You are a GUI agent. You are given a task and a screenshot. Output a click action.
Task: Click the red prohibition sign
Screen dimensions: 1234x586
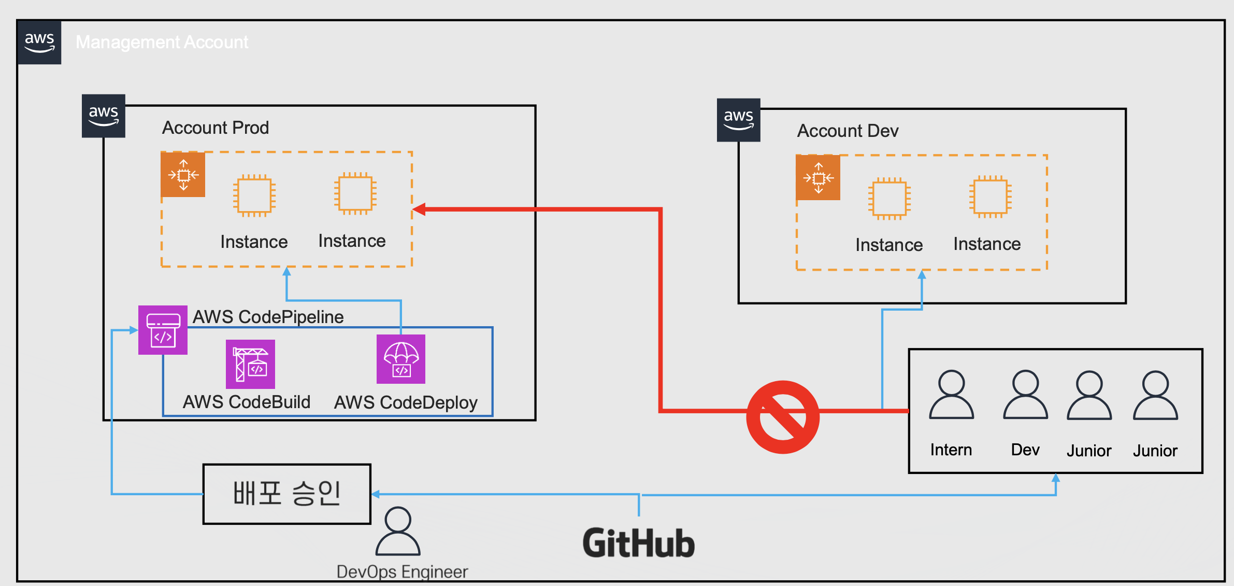click(783, 417)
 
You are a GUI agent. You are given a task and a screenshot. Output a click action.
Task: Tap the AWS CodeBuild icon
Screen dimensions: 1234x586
click(250, 364)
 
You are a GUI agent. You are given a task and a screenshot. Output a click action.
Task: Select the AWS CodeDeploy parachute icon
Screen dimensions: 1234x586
click(401, 359)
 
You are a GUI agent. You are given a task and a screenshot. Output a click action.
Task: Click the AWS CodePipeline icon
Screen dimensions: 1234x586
click(163, 330)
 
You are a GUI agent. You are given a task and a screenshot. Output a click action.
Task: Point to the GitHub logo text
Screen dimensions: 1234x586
click(638, 543)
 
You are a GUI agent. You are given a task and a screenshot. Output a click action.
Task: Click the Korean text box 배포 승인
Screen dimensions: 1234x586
click(287, 494)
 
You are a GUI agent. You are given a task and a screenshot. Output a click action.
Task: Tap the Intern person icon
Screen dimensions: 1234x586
click(952, 394)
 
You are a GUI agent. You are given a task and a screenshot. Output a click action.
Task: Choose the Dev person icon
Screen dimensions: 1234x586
click(1026, 394)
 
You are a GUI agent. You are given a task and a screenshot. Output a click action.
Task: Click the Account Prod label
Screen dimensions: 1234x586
click(216, 128)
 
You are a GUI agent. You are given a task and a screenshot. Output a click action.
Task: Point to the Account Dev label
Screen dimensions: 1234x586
click(848, 131)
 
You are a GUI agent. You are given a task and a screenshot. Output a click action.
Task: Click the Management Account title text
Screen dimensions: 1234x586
click(162, 42)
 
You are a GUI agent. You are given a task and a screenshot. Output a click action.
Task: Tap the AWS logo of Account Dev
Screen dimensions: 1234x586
click(739, 120)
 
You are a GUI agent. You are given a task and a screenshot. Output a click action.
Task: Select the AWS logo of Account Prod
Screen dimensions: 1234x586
click(104, 116)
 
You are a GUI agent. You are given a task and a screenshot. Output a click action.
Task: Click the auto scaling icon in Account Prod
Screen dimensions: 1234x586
click(183, 175)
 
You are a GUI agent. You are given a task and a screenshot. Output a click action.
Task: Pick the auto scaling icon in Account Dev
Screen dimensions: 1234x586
click(818, 178)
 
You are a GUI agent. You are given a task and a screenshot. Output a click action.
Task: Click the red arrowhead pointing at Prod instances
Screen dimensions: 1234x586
click(419, 210)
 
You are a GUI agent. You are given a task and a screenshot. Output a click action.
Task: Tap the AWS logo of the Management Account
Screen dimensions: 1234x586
click(39, 43)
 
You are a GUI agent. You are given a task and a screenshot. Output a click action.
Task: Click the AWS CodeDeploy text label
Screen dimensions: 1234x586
click(406, 402)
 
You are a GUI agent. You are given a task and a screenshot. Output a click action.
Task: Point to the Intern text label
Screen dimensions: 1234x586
click(951, 450)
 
